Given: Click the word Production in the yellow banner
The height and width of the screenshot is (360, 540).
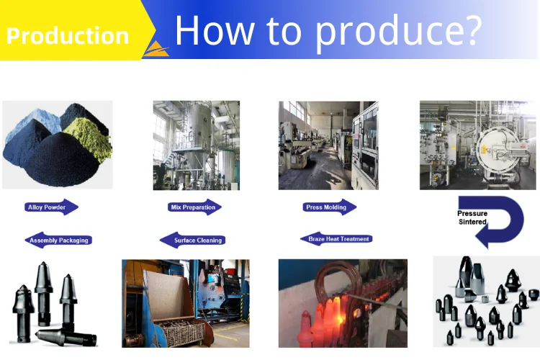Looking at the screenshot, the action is pos(68,36).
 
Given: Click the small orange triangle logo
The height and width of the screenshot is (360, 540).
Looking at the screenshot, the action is pos(156,49).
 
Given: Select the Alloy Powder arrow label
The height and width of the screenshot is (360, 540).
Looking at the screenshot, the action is pos(51,207).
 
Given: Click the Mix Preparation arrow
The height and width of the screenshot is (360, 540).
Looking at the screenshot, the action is pos(194,207).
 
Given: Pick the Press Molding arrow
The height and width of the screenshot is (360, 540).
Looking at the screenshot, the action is pos(329,207).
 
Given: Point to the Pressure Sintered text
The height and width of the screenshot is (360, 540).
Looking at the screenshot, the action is pos(472,217).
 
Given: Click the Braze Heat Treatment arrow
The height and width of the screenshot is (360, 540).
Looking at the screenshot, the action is pos(336,239).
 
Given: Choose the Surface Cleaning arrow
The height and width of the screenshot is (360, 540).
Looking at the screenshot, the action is pos(192,240).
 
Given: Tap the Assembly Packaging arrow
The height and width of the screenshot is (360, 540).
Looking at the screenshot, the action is pos(58,240).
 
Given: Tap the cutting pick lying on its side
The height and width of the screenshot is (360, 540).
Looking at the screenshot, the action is pos(66,337).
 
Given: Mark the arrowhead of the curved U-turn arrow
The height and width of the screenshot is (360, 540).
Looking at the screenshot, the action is pos(482,236).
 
